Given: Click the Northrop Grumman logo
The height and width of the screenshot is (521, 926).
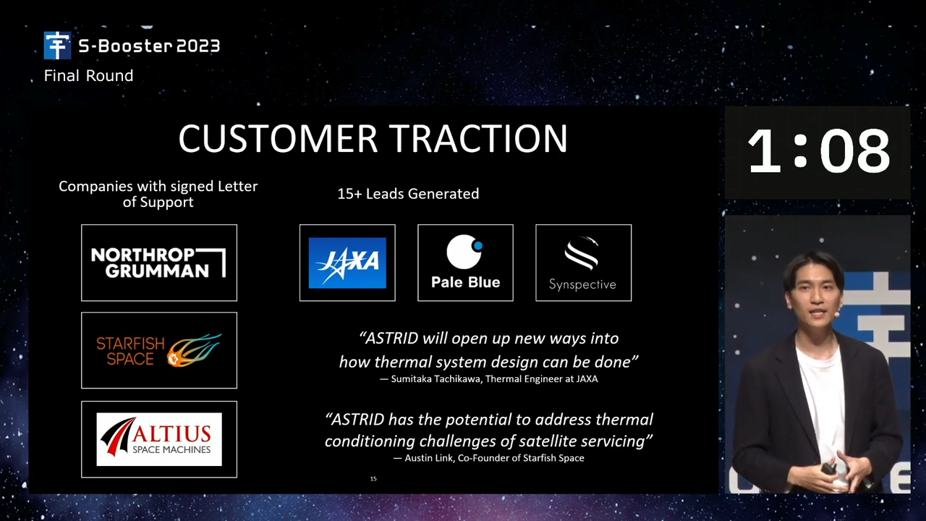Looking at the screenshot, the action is coord(158,263).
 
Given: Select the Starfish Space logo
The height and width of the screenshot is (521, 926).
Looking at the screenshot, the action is coord(158,350).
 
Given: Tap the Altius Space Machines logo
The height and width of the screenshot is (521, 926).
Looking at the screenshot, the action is coord(158,439).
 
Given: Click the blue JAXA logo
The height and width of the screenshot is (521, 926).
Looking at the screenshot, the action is coord(347,263).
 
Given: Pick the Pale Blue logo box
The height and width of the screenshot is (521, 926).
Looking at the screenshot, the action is coord(465,263).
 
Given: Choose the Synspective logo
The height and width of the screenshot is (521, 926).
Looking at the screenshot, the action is coord(583,263).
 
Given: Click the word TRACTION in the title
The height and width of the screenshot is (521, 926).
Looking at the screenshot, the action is coord(479,138).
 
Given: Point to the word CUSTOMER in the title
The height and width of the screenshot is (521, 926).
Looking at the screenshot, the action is coord(278,138).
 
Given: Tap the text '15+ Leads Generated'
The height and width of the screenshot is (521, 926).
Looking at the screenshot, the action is coord(408,193).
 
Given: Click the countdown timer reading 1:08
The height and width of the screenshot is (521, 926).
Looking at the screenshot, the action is coord(818,151).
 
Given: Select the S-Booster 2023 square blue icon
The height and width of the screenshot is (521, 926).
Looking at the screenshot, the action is coord(57,45).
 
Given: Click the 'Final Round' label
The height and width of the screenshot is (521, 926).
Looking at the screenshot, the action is coord(88,76).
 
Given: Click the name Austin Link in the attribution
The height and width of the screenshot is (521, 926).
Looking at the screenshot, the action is coord(429,458).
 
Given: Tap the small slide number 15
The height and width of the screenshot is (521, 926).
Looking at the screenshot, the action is coord(373,479).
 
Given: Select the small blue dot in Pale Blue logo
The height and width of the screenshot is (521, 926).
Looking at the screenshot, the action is coord(478,245).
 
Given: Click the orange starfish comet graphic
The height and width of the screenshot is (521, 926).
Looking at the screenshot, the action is coord(194,350).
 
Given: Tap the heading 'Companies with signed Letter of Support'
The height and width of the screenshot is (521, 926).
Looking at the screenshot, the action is coord(158,194).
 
